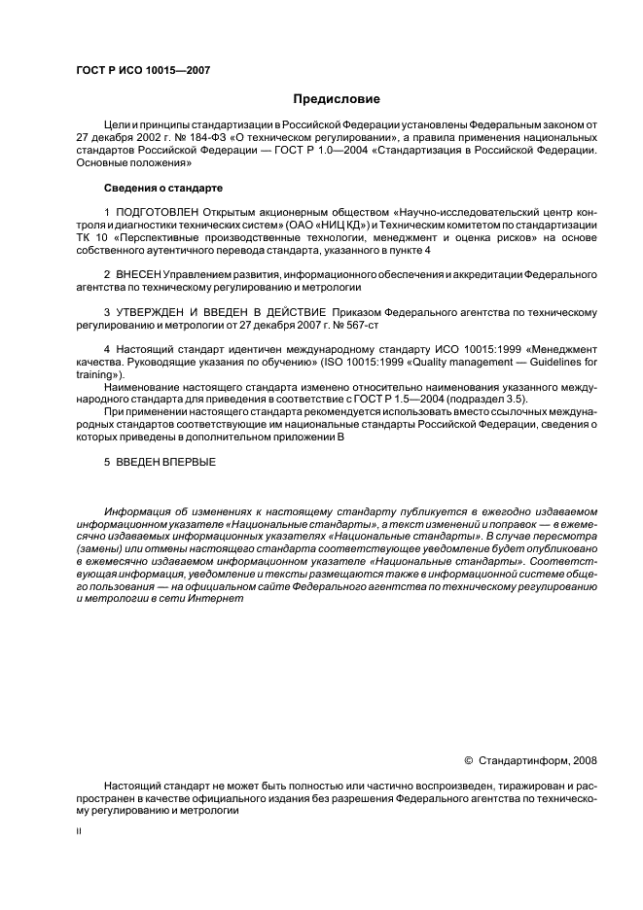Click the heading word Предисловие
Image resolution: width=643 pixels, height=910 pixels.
pyautogui.click(x=337, y=98)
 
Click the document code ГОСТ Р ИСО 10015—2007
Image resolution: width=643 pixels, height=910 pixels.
pyautogui.click(x=142, y=70)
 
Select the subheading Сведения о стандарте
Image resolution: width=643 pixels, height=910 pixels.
pyautogui.click(x=162, y=188)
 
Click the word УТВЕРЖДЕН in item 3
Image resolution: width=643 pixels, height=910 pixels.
pyautogui.click(x=155, y=312)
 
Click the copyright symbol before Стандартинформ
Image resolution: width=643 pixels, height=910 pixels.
pyautogui.click(x=468, y=759)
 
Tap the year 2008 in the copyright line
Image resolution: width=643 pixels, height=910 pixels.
pyautogui.click(x=586, y=759)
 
